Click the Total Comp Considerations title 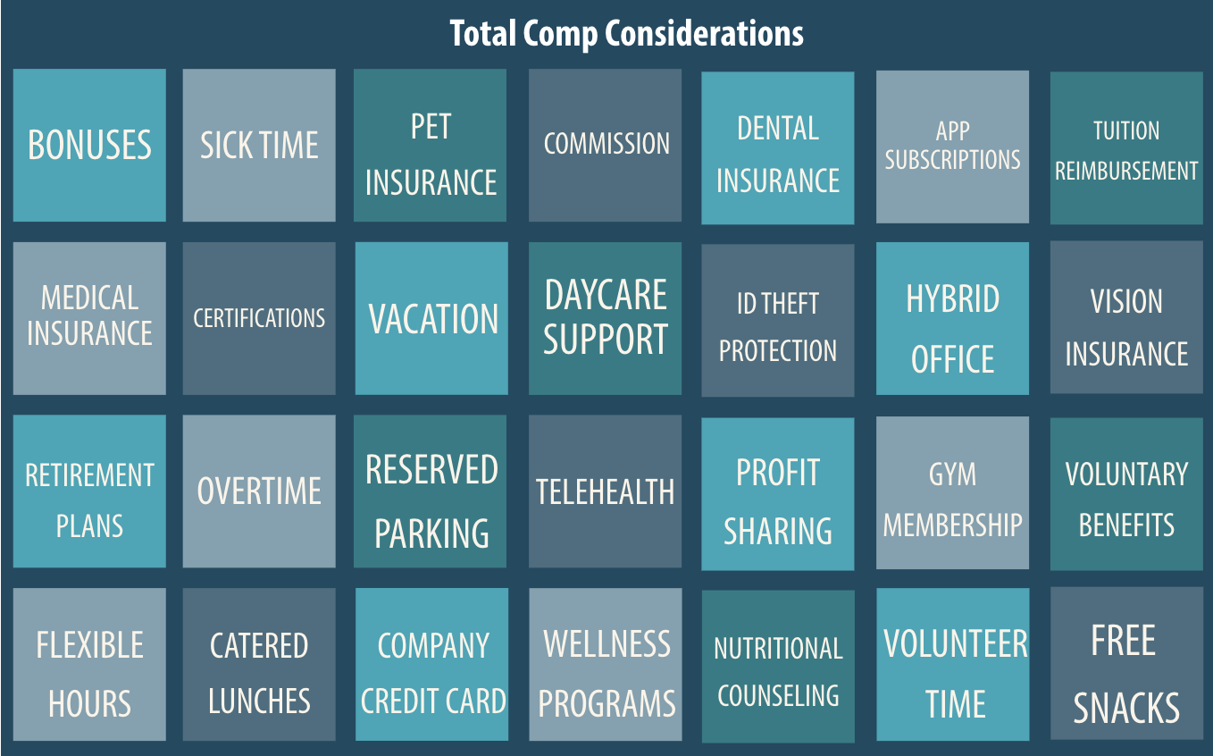click(x=626, y=34)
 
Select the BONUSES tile click(x=89, y=145)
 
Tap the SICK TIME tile click(x=259, y=145)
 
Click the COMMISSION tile click(x=606, y=144)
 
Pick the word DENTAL click(x=778, y=129)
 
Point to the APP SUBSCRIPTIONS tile click(x=952, y=147)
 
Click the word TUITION click(x=1126, y=131)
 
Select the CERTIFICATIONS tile click(x=259, y=318)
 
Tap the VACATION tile click(x=432, y=318)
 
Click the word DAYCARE click(x=606, y=296)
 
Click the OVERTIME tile click(x=259, y=491)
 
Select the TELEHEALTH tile click(x=606, y=491)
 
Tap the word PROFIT click(x=778, y=473)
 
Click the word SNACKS click(x=1126, y=708)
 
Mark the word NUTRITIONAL click(x=778, y=649)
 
